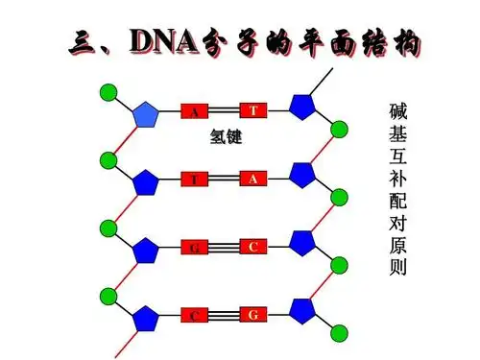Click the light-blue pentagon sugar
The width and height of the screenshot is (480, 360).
coord(145,114)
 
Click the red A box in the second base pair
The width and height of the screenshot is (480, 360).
coord(252,179)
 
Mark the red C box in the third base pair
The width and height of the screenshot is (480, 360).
coord(252,247)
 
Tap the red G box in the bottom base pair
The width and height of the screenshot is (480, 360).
coord(252,315)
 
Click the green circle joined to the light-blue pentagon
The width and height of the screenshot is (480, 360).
coord(108,93)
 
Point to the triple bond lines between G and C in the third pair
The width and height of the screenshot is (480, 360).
coord(223,248)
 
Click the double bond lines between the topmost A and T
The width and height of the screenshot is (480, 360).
coord(223,110)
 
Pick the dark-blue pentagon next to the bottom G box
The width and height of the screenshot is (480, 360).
coord(301,311)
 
